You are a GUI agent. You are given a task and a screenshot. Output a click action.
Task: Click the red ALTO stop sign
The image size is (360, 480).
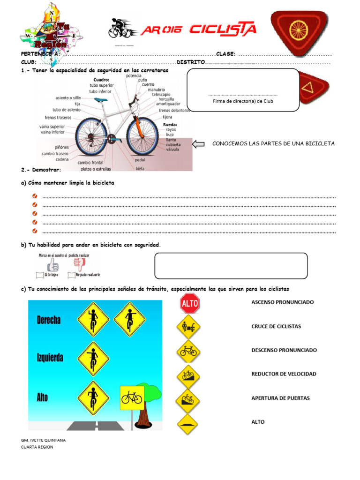point(190,304)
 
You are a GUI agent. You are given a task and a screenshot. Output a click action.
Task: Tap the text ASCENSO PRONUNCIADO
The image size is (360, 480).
point(282,302)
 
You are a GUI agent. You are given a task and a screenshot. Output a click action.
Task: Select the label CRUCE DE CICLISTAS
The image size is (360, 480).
point(276,326)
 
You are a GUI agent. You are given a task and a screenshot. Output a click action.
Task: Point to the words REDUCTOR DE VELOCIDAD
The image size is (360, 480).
point(284,374)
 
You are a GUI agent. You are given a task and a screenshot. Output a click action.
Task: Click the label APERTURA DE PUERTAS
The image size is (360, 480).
point(280,398)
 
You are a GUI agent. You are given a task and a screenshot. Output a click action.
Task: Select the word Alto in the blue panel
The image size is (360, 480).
point(42,397)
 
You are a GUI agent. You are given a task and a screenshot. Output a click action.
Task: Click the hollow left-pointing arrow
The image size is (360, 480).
point(199,144)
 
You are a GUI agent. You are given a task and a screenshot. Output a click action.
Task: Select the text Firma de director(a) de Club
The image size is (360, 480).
point(243,101)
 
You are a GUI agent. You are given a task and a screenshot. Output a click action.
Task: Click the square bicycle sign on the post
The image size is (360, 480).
point(132,398)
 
